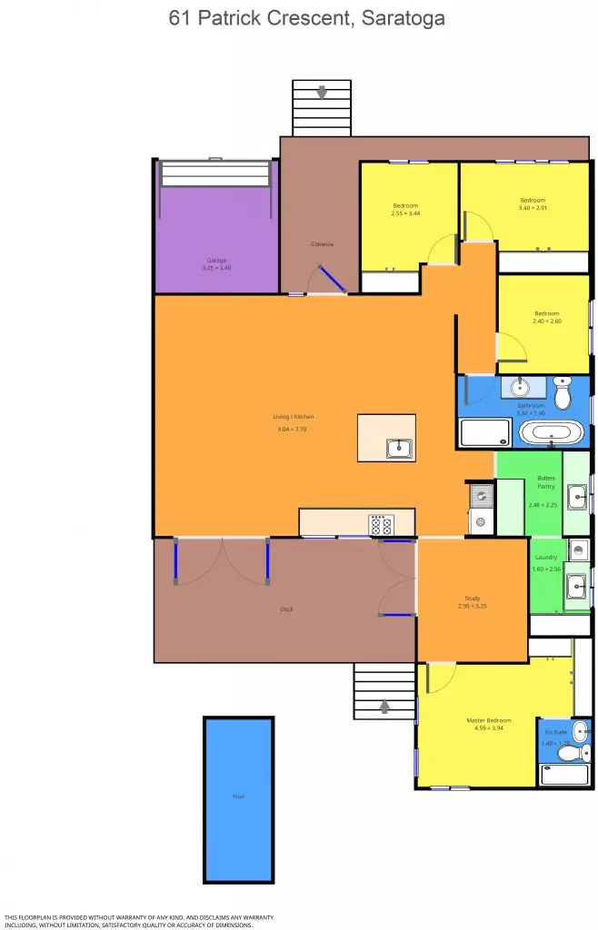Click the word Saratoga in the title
coord(400,17)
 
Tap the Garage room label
coord(216,260)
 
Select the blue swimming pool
coord(238,798)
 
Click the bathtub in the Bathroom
coord(552,433)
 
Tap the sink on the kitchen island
coord(398,447)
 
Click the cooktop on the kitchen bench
coord(379,524)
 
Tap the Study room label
coord(471,598)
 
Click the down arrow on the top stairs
coord(322,93)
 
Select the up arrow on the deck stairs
coord(384,704)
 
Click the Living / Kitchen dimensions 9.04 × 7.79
coord(293,429)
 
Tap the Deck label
coord(286,608)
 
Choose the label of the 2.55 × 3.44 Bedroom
coord(404,204)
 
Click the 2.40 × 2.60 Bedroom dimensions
coord(546,321)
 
